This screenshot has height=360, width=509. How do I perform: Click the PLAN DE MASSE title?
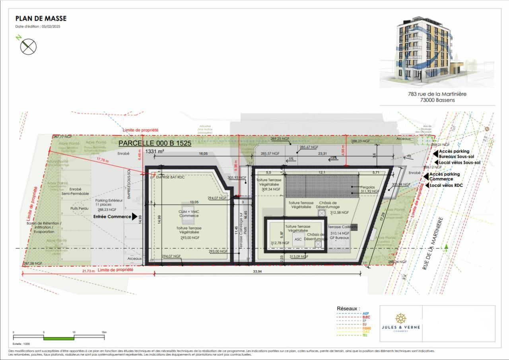coord(41,19)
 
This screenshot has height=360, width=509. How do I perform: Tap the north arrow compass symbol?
coord(28,46)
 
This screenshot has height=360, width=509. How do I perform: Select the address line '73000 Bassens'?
coord(437,100)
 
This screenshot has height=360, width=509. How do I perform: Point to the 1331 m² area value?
coord(155,151)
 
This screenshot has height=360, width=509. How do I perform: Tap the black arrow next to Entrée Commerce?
coord(134,217)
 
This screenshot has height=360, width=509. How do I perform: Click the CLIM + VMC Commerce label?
coord(188,214)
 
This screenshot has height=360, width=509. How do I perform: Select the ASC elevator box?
coord(298,240)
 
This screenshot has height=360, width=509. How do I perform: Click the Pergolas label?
coord(368,187)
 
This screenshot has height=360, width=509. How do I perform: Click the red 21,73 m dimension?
coord(88,271)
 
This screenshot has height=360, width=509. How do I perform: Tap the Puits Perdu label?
coord(79,208)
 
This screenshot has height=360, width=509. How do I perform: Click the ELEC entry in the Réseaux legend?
coord(366,317)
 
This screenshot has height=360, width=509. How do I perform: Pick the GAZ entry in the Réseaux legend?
coord(366,331)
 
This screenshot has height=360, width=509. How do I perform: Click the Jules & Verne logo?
coord(400,323)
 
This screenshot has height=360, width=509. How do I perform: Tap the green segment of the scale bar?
coord(59,338)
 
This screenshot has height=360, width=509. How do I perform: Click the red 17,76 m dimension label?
coord(103,161)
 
